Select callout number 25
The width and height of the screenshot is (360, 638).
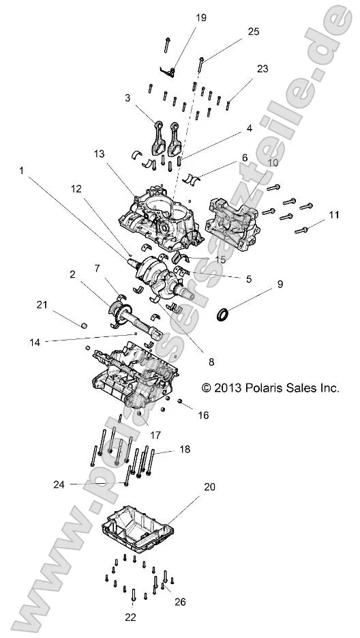point(254,31)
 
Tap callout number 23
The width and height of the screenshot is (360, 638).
point(262,69)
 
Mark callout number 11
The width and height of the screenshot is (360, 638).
point(334,216)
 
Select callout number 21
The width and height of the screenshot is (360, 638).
point(42,304)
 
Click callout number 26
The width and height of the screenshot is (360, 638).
point(180,602)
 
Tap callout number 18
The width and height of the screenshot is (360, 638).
point(185,450)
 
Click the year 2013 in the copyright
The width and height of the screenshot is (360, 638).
point(242,387)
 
